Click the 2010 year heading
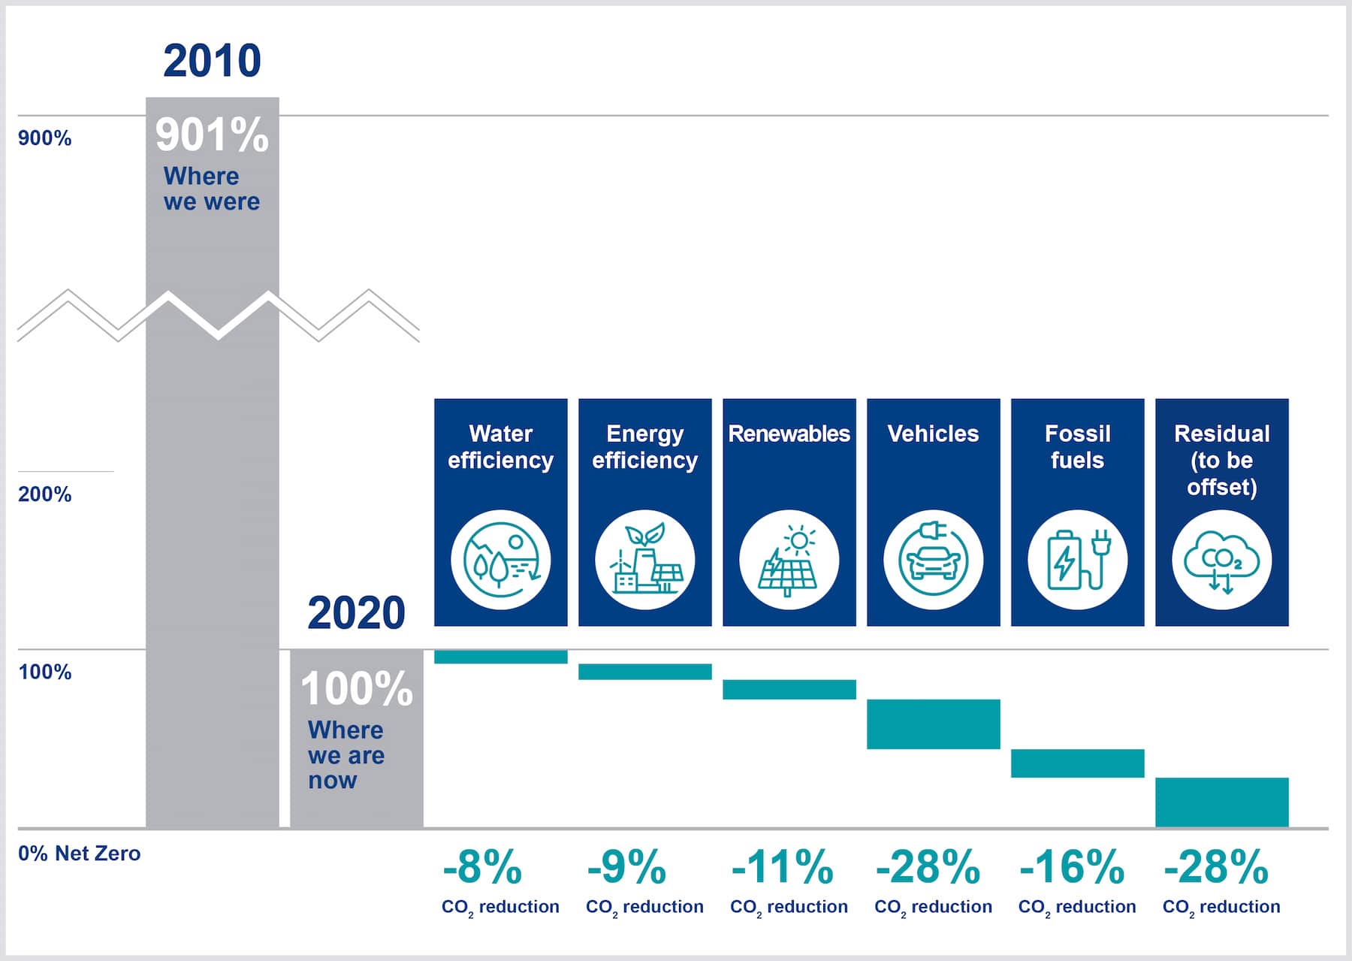coord(212,61)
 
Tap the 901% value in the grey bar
coord(212,135)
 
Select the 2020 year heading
coord(356,613)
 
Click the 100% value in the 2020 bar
coord(356,689)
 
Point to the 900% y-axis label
coord(44,138)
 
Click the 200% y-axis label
coord(44,494)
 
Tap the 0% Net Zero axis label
coord(79,854)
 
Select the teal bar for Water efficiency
coord(500,657)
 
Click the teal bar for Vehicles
coord(933,724)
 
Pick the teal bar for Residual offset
coord(1221,802)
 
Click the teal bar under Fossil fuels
coord(1077,763)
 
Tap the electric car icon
coord(933,560)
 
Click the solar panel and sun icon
coord(789,560)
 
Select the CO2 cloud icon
coord(1221,560)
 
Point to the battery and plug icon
coord(1077,560)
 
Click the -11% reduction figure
coord(783,867)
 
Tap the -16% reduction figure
coord(1072,867)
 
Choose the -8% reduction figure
coord(482,867)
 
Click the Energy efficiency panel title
coord(644,446)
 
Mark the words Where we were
coord(211,189)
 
